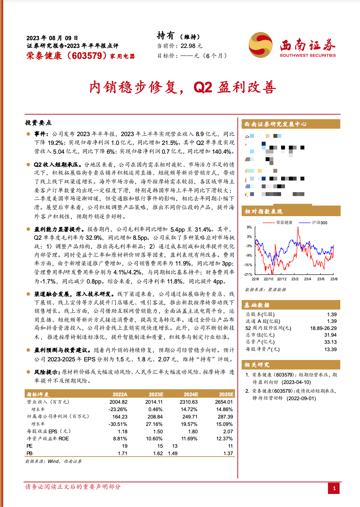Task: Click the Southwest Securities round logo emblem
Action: pyautogui.click(x=261, y=45)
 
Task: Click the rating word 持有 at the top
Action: pyautogui.click(x=166, y=36)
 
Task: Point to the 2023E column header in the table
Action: pyautogui.click(x=156, y=395)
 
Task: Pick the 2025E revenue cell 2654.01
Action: pyautogui.click(x=224, y=402)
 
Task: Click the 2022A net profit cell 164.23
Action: pyautogui.click(x=120, y=417)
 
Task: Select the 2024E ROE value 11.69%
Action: pyautogui.click(x=190, y=439)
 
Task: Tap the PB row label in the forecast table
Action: pyautogui.click(x=30, y=453)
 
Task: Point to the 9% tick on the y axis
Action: pyautogui.click(x=249, y=227)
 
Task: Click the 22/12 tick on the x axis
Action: pyautogui.click(x=281, y=279)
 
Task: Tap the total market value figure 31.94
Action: pyautogui.click(x=330, y=335)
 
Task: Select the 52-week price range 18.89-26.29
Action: pyautogui.click(x=323, y=328)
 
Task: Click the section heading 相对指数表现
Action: pyautogui.click(x=263, y=212)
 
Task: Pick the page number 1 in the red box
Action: pyautogui.click(x=334, y=488)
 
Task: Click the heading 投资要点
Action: pyautogui.click(x=38, y=123)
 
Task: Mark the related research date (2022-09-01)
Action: pyautogui.click(x=301, y=398)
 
